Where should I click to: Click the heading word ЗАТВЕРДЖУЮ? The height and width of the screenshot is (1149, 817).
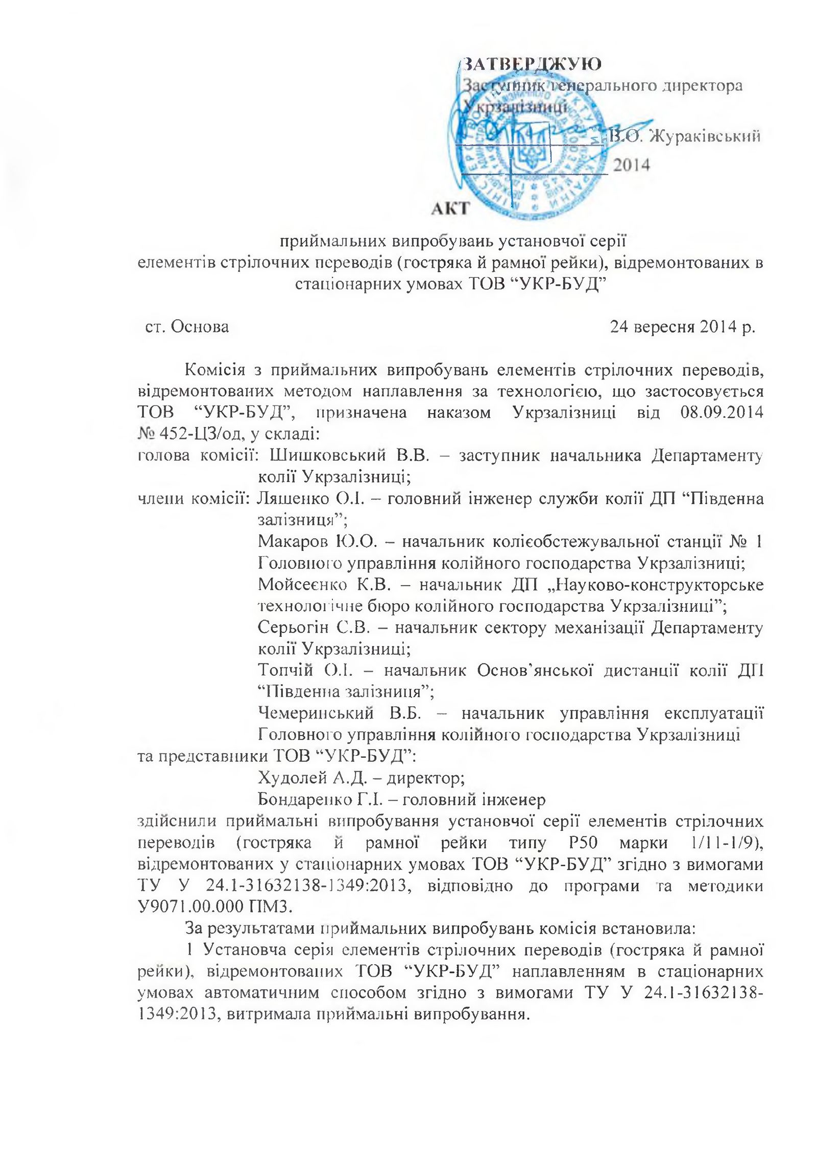tap(532, 64)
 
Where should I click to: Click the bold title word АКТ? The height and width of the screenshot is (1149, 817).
tap(450, 208)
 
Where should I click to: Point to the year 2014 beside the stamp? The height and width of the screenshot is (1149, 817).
tap(631, 165)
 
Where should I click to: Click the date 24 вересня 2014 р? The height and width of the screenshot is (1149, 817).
tap(682, 326)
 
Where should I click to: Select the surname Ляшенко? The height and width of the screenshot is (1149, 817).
tap(291, 498)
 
